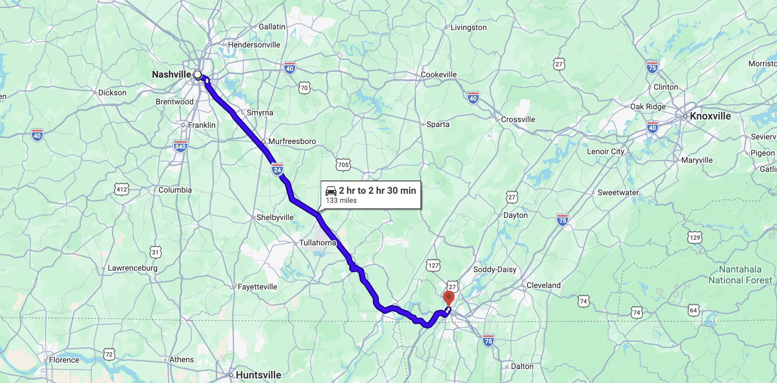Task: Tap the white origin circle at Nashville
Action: tap(198, 74)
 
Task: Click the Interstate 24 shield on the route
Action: tap(277, 169)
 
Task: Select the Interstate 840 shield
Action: tap(180, 146)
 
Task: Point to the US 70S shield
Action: tap(343, 165)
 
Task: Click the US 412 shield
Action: tap(122, 189)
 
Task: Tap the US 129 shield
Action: tap(695, 237)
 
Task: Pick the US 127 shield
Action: tap(433, 265)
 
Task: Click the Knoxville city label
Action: tap(710, 116)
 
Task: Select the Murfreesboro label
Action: tap(292, 141)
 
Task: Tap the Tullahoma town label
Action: tap(317, 243)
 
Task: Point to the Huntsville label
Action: tap(258, 375)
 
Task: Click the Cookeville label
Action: tap(439, 75)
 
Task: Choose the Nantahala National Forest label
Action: tap(740, 275)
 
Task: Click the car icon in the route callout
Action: tap(331, 191)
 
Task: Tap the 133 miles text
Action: tap(341, 201)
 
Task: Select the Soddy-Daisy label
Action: tap(494, 270)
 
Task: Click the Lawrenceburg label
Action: tap(132, 268)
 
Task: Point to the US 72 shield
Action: tap(109, 354)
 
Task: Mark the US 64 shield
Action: tap(693, 310)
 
